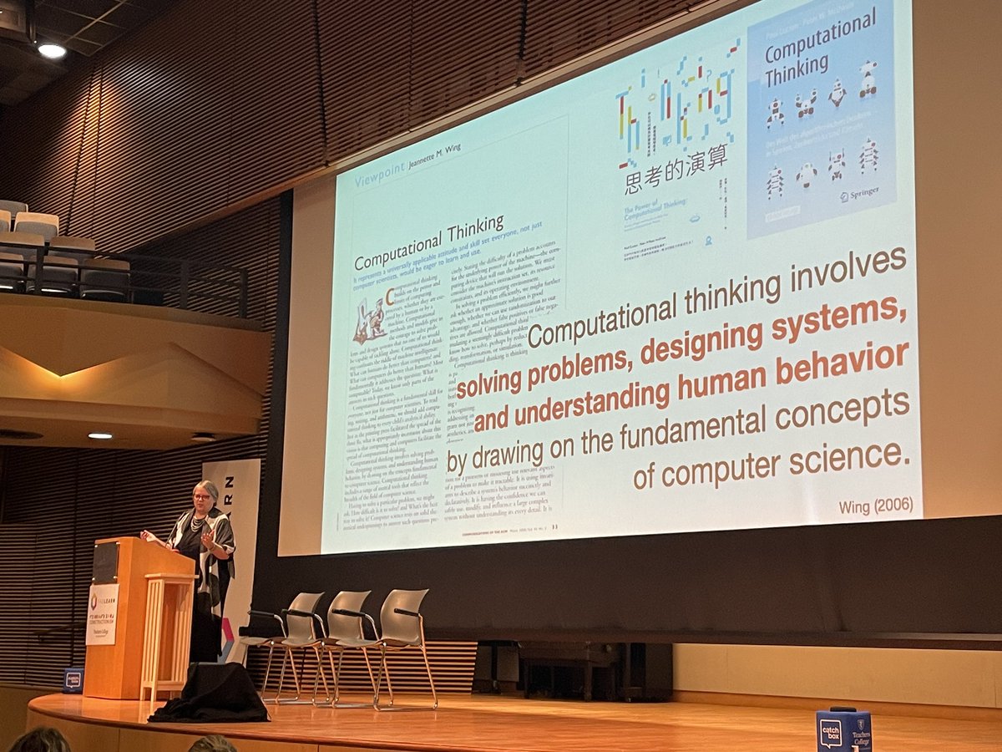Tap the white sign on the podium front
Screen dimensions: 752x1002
102,613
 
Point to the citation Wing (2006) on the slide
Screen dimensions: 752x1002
877,506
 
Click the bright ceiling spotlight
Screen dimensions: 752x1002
51,50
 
